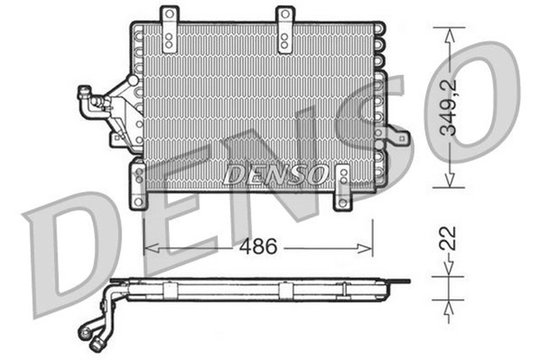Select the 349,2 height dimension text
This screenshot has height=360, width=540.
pyautogui.click(x=453, y=107)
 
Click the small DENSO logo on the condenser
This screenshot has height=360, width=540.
pyautogui.click(x=275, y=175)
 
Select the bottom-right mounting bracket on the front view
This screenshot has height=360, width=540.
pyautogui.click(x=343, y=187)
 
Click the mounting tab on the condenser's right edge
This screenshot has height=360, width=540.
pyautogui.click(x=393, y=134)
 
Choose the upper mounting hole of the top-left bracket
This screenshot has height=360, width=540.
pyautogui.click(x=170, y=17)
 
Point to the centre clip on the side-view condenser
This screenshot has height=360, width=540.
pyautogui.click(x=285, y=289)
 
